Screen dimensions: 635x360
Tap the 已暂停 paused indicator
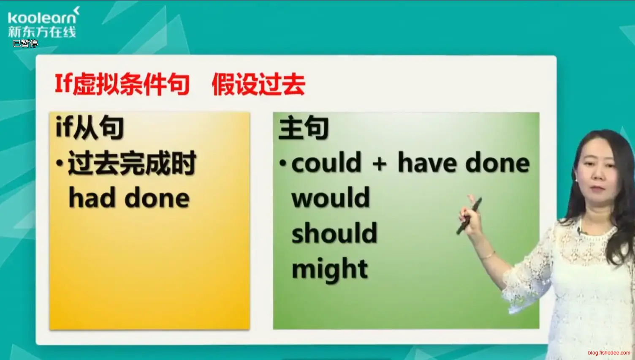pyautogui.click(x=25, y=44)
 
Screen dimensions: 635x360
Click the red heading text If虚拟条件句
pyautogui.click(x=122, y=84)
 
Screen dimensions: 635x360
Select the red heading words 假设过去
pyautogui.click(x=258, y=84)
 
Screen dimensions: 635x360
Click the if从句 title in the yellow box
pyautogui.click(x=90, y=127)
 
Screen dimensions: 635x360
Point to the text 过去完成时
pyautogui.click(x=132, y=163)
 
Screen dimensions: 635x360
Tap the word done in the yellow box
pyautogui.click(x=157, y=197)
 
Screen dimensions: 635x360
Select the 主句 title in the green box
pyautogui.click(x=304, y=127)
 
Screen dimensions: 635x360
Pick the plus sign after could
pyautogui.click(x=380, y=164)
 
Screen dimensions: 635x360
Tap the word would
pyautogui.click(x=331, y=197)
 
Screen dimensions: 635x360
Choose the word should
pyautogui.click(x=334, y=232)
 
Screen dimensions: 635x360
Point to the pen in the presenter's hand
pyautogui.click(x=469, y=216)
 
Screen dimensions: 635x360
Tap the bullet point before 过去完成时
pyautogui.click(x=60, y=163)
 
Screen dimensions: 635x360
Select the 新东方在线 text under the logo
pyautogui.click(x=42, y=32)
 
